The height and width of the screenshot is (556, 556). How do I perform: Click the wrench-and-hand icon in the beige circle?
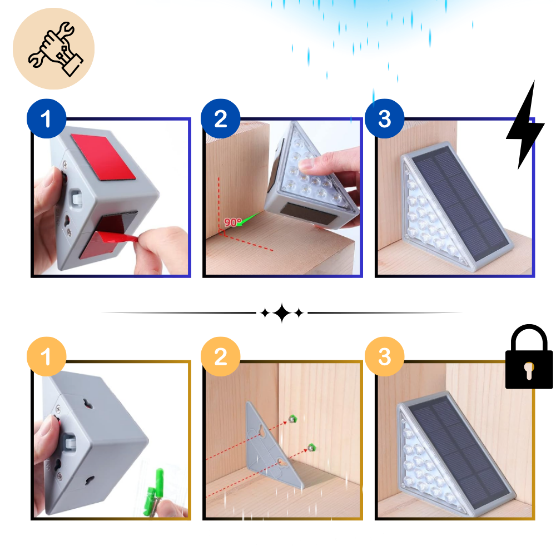(x=54, y=48)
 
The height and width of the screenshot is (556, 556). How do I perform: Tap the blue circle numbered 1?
(x=46, y=119)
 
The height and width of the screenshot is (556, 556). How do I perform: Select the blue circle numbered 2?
(x=220, y=119)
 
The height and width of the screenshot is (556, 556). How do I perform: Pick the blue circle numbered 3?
(x=384, y=119)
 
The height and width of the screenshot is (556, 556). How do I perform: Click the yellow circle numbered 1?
(x=46, y=356)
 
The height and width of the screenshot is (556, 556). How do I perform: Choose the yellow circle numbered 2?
(x=220, y=356)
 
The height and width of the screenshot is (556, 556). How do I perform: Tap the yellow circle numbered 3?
(x=384, y=356)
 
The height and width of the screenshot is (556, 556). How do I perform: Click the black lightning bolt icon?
(x=523, y=142)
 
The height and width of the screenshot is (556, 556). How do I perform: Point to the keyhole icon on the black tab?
(x=529, y=371)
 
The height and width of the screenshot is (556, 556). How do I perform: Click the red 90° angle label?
(x=232, y=222)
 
